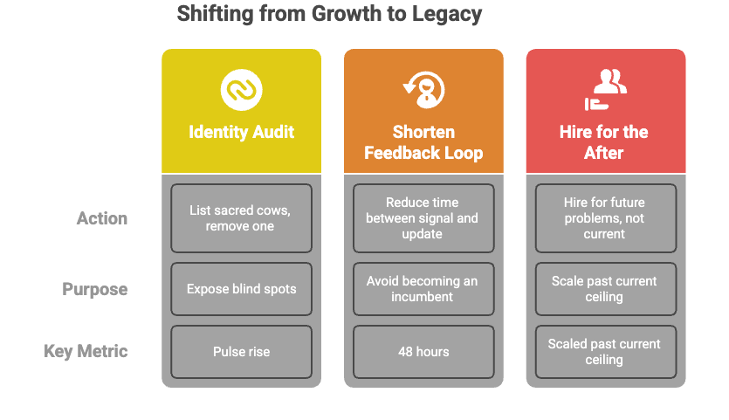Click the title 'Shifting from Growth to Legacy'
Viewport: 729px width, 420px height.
329,14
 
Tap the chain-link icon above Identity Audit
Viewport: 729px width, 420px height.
242,90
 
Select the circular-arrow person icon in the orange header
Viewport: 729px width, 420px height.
423,89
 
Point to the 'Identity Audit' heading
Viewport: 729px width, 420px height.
242,133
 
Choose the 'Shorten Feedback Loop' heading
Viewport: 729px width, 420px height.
423,142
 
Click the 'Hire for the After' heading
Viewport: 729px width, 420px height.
604,142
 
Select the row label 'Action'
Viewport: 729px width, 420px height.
102,218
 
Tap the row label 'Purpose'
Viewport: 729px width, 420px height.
95,289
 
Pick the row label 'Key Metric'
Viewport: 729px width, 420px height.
86,351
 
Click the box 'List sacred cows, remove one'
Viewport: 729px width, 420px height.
241,218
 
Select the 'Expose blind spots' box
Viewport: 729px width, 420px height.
241,289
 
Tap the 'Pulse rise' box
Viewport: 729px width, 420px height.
241,352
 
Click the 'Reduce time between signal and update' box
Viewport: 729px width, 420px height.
423,218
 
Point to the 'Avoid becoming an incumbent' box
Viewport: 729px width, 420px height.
423,289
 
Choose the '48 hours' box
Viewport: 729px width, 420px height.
423,352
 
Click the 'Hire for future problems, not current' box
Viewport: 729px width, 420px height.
605,218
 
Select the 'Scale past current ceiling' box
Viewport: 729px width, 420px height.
605,289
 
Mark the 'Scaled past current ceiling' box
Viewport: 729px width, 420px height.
605,352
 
